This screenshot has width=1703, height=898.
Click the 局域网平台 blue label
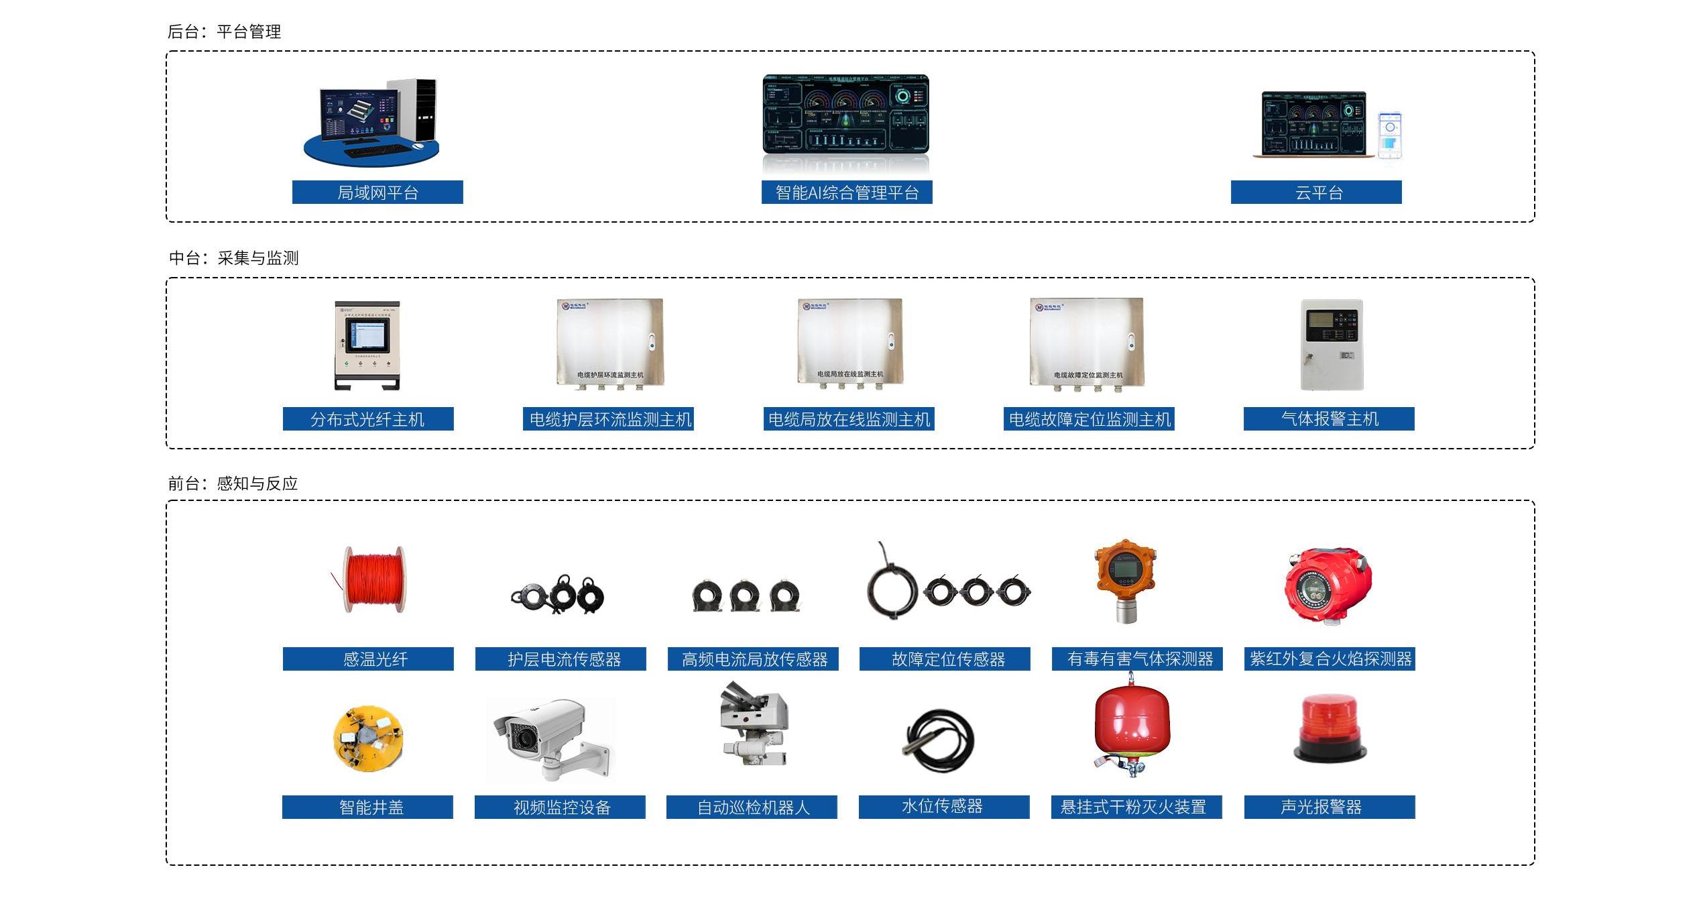[x=377, y=192]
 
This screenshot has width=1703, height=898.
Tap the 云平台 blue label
[x=1315, y=192]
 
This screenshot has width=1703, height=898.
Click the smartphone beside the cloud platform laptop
[x=1389, y=135]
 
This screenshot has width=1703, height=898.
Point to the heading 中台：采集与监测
[x=233, y=258]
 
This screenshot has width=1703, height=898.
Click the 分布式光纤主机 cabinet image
[x=367, y=345]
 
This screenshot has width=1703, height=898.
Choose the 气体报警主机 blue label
[x=1328, y=419]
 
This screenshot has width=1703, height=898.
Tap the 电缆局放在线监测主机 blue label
[x=848, y=419]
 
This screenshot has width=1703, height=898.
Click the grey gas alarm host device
[x=1332, y=345]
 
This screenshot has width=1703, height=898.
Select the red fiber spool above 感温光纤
[x=374, y=579]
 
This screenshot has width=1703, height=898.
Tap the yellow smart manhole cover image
[x=368, y=738]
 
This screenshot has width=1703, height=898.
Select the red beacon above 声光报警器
[x=1329, y=728]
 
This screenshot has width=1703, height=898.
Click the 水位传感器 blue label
[x=943, y=807]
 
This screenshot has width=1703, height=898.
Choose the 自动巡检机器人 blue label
[x=752, y=807]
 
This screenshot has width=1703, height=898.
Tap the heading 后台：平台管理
[x=224, y=32]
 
